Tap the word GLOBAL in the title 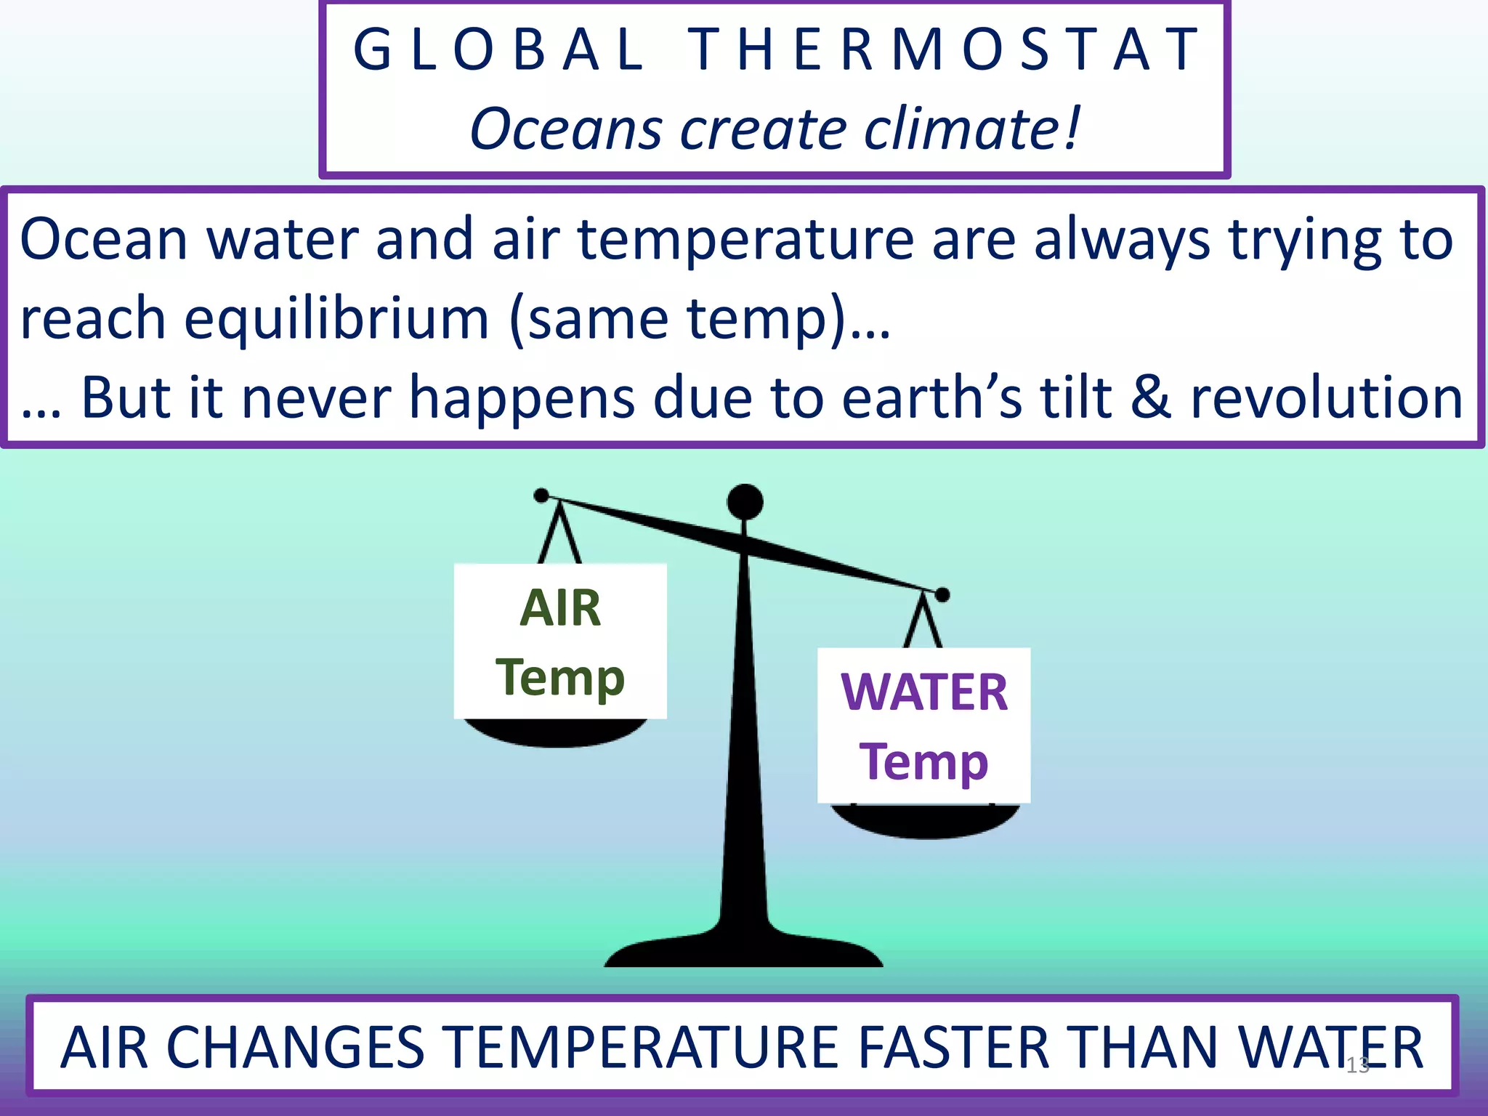[498, 49]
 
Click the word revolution [1326, 398]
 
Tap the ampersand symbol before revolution [1152, 398]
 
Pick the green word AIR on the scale [560, 608]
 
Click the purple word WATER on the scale [924, 692]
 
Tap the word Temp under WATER [924, 761]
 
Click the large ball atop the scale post [745, 501]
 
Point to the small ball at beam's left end [541, 496]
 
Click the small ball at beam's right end [942, 595]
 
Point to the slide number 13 [1357, 1065]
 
